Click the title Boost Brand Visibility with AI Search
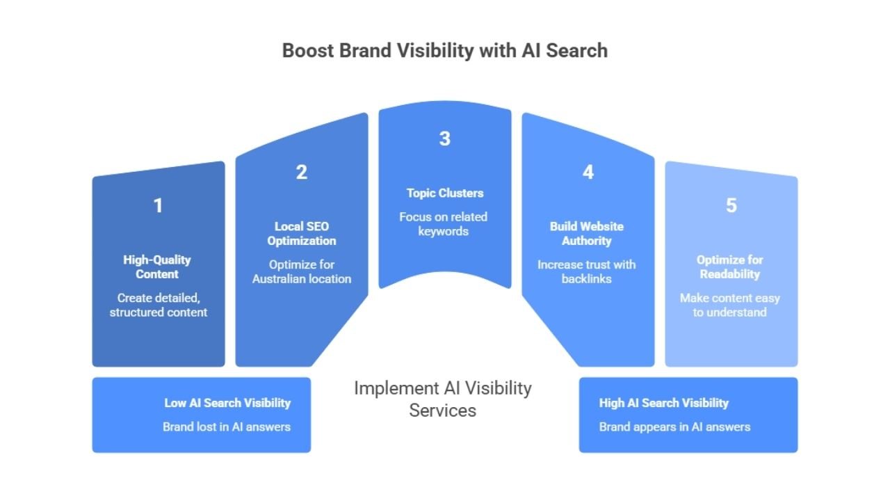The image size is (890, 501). tap(445, 51)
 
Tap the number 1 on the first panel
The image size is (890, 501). tap(158, 206)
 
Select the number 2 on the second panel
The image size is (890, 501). tap(302, 173)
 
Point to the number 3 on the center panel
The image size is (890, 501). tap(445, 138)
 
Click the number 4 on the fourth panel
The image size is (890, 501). tap(588, 173)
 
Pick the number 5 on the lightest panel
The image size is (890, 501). tap(731, 206)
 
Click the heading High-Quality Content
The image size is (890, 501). tap(157, 267)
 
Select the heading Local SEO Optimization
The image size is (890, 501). tap(302, 234)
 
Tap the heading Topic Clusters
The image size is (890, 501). tap(445, 193)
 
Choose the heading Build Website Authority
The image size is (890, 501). tap(587, 234)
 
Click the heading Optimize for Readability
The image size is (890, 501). tap(730, 267)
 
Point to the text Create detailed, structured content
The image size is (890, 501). tap(159, 305)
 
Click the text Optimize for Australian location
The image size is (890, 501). tap(302, 271)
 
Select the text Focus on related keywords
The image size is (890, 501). tap(444, 224)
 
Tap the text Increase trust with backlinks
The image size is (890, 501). tap(587, 271)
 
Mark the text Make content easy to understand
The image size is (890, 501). tap(730, 305)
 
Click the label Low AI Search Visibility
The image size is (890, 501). tap(227, 403)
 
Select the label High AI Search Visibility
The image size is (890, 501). tap(664, 403)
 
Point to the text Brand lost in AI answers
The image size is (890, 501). tap(227, 427)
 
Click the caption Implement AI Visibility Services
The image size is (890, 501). tap(443, 399)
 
